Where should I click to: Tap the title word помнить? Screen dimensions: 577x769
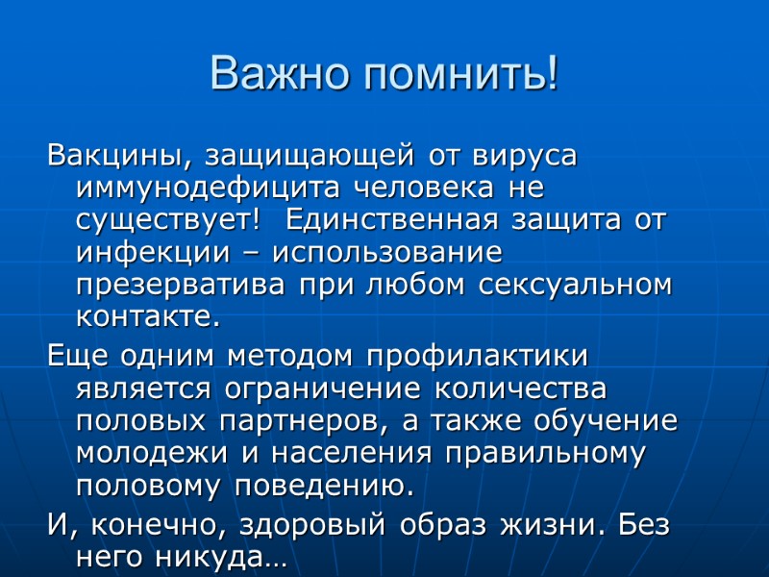coord(457,75)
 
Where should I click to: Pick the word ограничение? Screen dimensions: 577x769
coord(323,389)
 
